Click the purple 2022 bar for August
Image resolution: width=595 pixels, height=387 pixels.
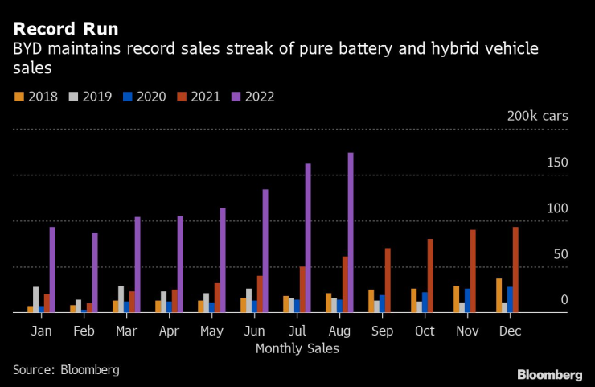click(351, 233)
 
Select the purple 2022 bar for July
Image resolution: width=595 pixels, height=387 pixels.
click(308, 238)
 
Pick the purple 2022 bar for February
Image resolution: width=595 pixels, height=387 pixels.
click(95, 272)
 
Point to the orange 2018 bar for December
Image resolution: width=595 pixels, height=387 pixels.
click(499, 295)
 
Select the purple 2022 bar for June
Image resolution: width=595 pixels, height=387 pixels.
click(265, 251)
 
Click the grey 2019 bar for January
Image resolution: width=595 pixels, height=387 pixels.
click(35, 299)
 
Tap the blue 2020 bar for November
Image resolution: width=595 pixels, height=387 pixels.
click(467, 300)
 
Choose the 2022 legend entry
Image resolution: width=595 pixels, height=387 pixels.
click(252, 97)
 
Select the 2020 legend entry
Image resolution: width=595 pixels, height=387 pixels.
click(144, 97)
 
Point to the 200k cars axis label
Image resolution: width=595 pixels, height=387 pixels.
click(537, 116)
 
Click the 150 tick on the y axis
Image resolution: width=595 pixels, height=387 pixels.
click(558, 163)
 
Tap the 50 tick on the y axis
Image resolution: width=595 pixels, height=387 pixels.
click(561, 254)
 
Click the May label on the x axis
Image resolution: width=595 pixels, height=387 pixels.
click(211, 331)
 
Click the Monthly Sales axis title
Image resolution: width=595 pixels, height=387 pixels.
click(297, 348)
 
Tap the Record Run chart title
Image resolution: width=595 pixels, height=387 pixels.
click(65, 30)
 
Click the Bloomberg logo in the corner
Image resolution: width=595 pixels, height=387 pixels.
click(549, 374)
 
